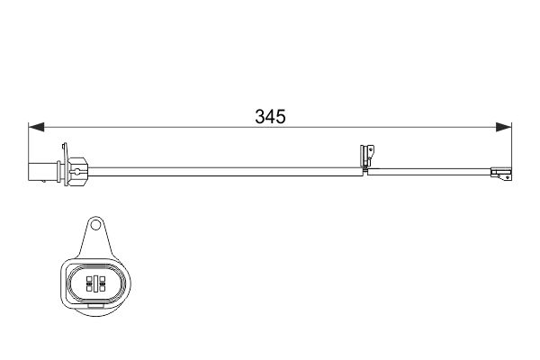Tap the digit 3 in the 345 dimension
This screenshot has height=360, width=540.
[261, 117]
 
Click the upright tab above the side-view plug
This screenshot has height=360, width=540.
[64, 149]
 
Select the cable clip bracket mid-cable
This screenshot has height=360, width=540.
[364, 158]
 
